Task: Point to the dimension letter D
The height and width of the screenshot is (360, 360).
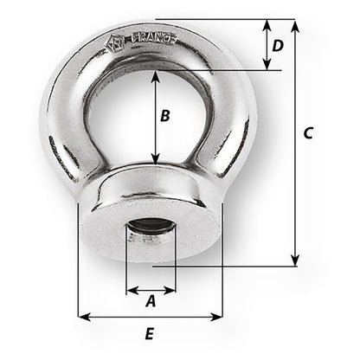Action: pyautogui.click(x=277, y=44)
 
